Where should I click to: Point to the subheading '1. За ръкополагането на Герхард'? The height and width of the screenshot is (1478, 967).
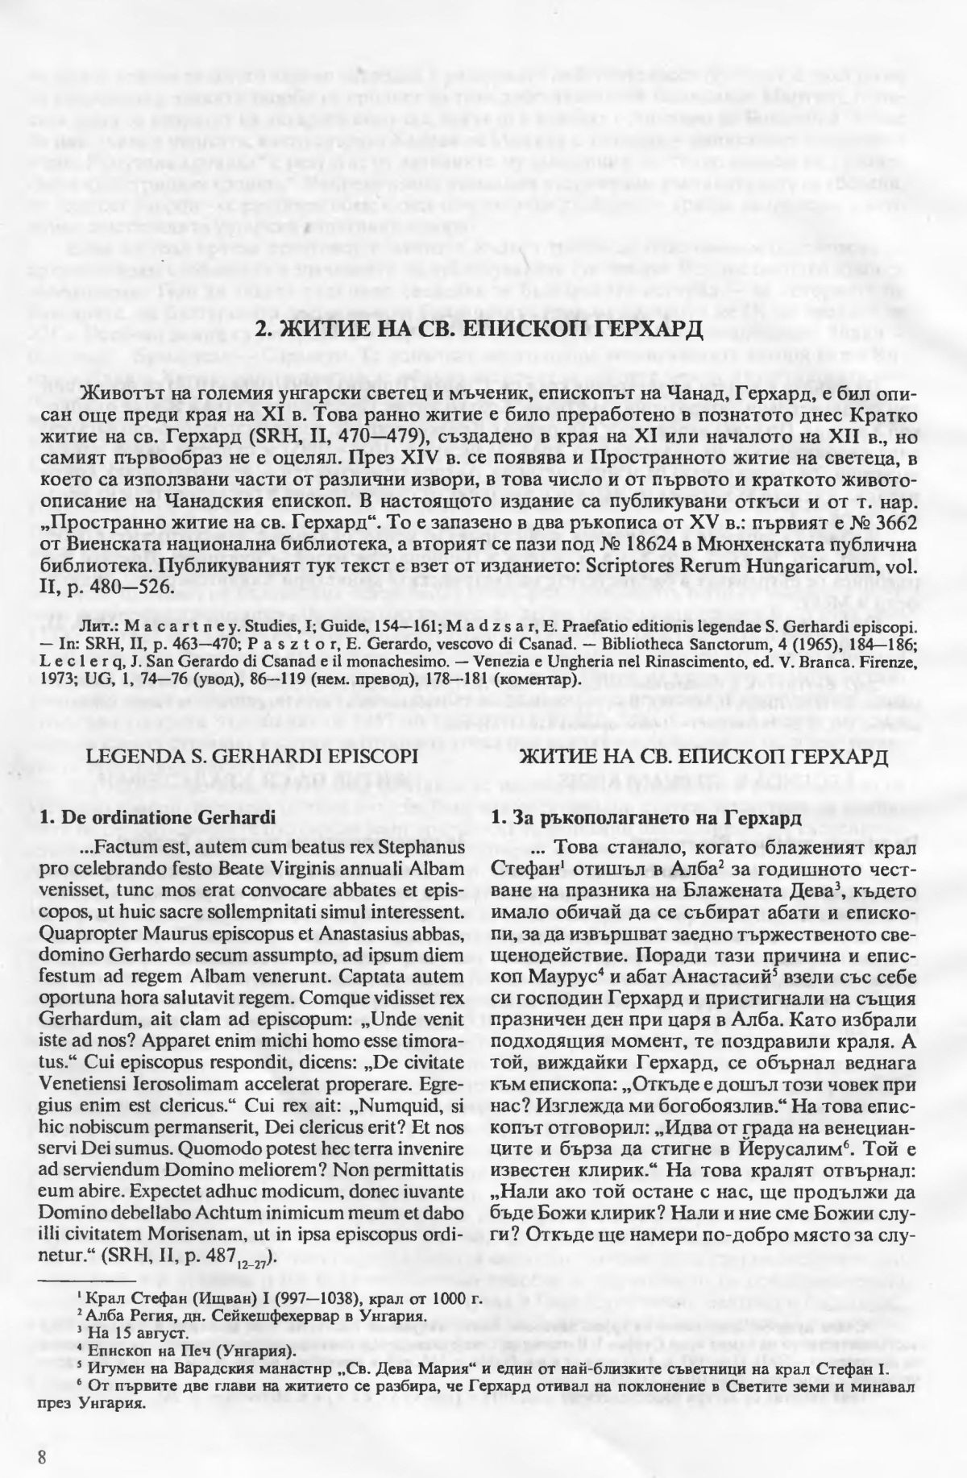[x=645, y=817]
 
